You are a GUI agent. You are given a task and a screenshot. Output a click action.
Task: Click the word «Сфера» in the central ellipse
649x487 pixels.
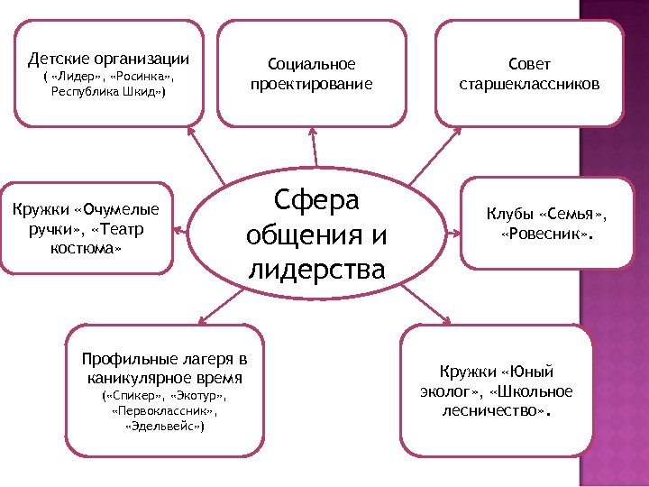(315, 199)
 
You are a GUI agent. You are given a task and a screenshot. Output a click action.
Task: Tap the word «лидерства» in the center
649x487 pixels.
(315, 270)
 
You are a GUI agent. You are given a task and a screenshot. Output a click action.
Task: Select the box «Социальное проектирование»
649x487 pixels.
(312, 74)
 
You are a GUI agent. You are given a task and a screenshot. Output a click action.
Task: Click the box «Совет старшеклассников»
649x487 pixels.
(529, 74)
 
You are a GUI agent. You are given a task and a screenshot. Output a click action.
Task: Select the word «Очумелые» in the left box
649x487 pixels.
(118, 209)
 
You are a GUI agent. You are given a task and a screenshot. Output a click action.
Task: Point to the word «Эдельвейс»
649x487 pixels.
(164, 425)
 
